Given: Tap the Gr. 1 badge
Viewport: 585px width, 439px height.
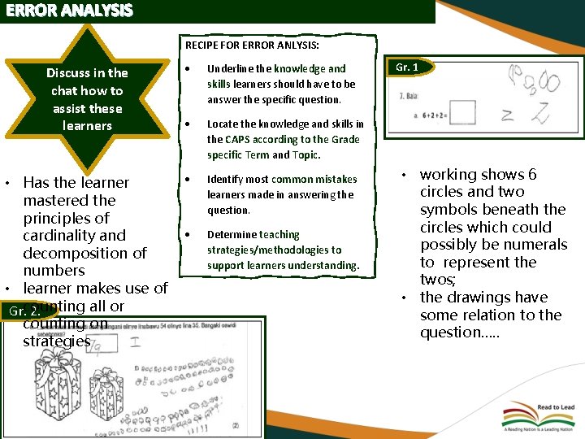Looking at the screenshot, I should click(x=406, y=67).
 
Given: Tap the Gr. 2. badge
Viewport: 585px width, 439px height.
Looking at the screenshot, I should click(x=24, y=311).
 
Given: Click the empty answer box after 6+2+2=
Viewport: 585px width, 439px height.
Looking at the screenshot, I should click(x=461, y=114).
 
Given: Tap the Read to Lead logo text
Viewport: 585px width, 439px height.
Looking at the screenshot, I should click(x=556, y=407).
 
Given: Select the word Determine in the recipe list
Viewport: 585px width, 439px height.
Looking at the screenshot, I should click(x=231, y=234).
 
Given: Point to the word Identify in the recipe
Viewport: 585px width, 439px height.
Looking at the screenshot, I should click(x=225, y=179).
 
